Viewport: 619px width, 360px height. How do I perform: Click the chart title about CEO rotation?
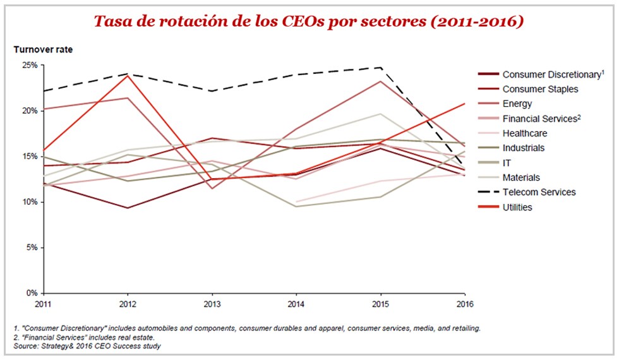click(309, 21)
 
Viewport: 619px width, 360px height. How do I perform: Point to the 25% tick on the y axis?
click(29, 65)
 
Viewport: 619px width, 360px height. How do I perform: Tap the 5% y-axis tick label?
click(31, 248)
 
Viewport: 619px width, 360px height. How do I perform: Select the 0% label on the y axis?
click(31, 293)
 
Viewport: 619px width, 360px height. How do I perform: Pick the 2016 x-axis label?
click(464, 303)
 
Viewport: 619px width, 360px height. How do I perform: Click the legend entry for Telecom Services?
click(539, 192)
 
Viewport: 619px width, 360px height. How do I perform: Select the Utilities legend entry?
click(518, 207)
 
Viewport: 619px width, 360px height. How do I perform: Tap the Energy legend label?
click(517, 104)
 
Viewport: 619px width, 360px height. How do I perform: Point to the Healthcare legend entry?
click(524, 133)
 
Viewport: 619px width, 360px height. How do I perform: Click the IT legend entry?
click(507, 163)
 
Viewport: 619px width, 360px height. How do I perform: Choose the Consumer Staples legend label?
click(540, 89)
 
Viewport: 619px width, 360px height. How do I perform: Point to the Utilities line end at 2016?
click(465, 103)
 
